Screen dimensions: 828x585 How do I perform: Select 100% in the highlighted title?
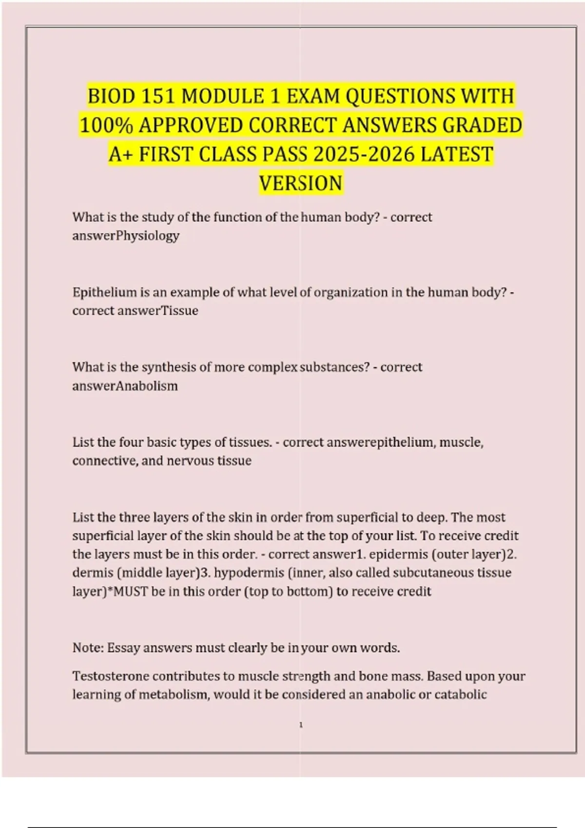point(106,125)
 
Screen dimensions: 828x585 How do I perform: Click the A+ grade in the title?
point(120,154)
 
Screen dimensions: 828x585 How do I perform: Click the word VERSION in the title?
point(301,184)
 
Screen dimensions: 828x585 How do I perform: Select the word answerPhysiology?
point(126,236)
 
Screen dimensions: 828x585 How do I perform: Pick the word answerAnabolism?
point(125,386)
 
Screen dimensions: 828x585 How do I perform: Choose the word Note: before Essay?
point(88,648)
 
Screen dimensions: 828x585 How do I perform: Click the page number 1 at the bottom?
point(301,725)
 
